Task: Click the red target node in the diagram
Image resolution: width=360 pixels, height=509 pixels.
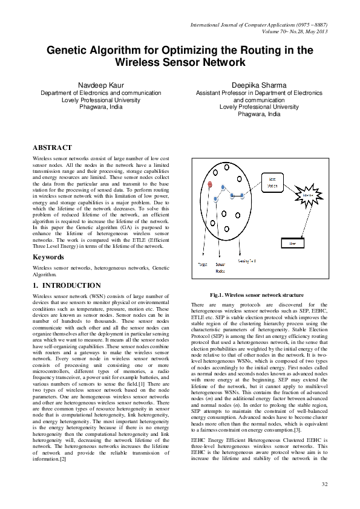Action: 209,183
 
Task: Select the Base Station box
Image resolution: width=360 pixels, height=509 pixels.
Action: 272,183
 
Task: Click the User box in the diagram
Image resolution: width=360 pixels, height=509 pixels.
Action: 293,244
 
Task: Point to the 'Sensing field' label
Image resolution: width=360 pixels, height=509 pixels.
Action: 247,261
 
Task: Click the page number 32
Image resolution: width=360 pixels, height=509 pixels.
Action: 324,485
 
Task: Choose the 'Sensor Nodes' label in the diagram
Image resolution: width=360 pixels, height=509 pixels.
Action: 220,267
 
